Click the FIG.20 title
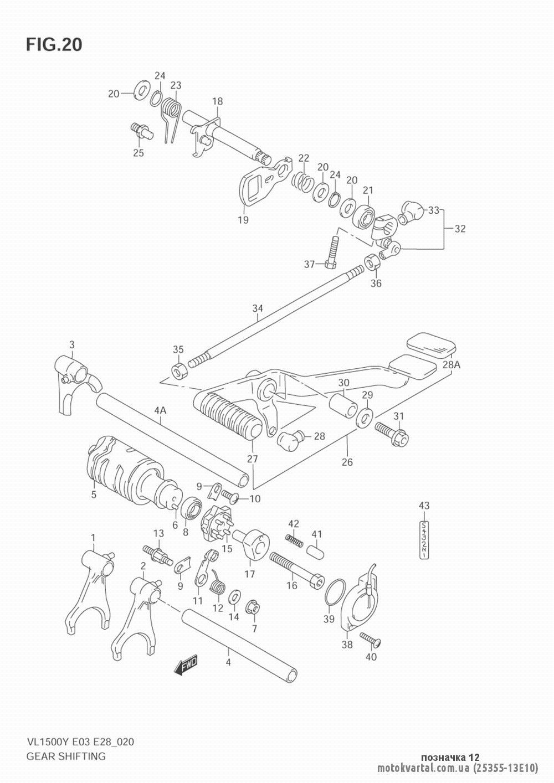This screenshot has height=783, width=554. [x=53, y=44]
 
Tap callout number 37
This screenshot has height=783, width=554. [x=308, y=265]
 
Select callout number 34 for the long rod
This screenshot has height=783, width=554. [x=257, y=308]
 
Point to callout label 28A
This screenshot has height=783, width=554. [x=452, y=364]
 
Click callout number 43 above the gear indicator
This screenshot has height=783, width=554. [x=424, y=505]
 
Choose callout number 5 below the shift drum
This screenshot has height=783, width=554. [x=94, y=494]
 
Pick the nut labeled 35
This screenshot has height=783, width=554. [x=179, y=370]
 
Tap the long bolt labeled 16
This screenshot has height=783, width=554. [x=296, y=567]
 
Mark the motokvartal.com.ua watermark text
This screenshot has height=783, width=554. [x=423, y=769]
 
